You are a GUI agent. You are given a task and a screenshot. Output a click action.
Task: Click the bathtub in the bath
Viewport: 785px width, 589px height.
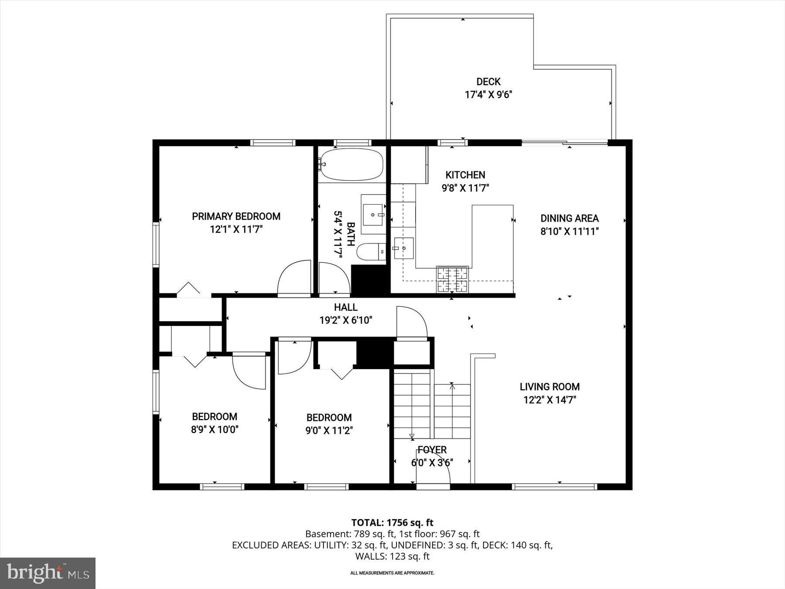[352, 165]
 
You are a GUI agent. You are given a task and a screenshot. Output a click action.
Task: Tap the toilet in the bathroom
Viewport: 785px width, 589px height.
[371, 251]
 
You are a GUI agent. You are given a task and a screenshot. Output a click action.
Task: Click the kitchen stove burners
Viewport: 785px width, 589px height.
[452, 279]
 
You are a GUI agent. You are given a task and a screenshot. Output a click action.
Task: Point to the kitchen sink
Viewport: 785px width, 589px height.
[403, 248]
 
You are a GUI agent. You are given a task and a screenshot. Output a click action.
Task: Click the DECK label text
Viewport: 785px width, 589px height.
[488, 82]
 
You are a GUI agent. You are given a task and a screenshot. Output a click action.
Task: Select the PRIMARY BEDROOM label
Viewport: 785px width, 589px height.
[236, 216]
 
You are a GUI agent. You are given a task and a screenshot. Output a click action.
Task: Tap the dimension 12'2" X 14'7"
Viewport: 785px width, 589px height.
[549, 400]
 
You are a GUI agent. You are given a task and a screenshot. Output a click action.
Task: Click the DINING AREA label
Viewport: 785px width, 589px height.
[569, 218]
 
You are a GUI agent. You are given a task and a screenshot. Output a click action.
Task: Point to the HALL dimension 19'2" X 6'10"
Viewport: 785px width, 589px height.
[345, 320]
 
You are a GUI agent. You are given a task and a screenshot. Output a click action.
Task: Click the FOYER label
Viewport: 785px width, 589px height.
[432, 450]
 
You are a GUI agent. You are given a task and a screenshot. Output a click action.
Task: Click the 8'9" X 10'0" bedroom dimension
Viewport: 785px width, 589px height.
[215, 430]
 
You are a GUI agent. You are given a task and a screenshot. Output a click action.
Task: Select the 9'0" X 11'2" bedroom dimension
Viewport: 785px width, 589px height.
[329, 431]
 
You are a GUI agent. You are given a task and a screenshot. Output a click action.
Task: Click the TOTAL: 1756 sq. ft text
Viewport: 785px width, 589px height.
[392, 522]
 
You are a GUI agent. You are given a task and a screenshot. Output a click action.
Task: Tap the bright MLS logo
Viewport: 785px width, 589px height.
[48, 572]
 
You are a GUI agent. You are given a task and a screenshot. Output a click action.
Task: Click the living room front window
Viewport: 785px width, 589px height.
[554, 486]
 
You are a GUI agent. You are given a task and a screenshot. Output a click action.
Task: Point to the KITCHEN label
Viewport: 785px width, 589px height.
[465, 175]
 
